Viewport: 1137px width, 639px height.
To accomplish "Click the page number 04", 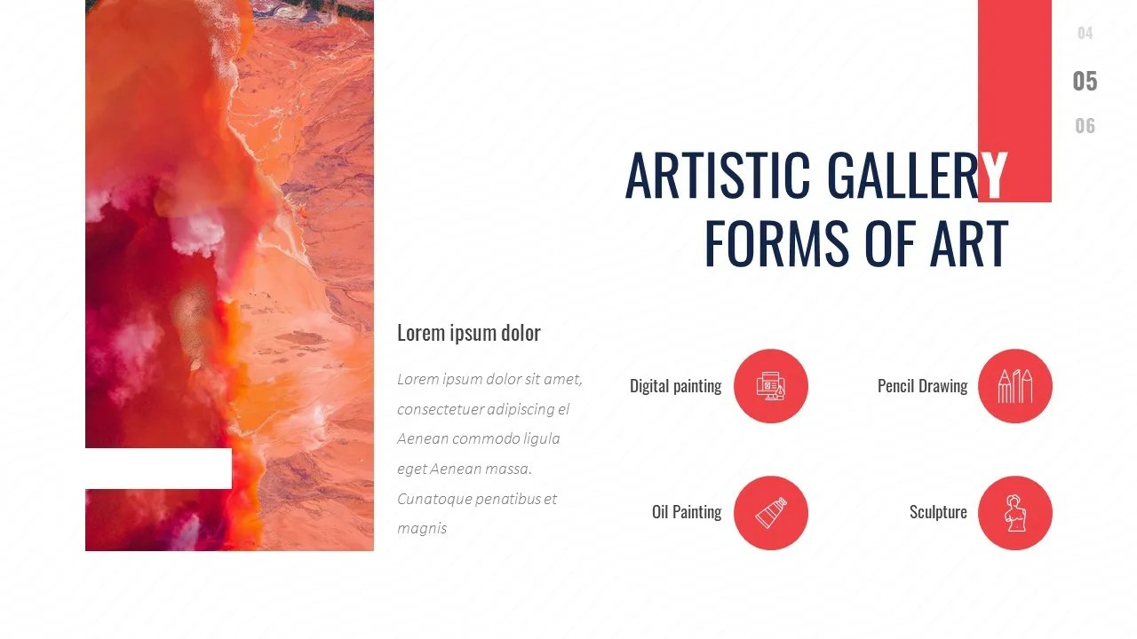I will pyautogui.click(x=1085, y=34).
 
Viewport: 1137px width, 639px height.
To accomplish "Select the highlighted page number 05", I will pyautogui.click(x=1085, y=82).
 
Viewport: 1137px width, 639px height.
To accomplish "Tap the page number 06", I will pyautogui.click(x=1085, y=126).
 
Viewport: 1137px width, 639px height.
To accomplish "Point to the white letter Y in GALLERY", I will pyautogui.click(x=995, y=175).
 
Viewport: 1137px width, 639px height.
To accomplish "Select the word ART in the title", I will pyautogui.click(x=969, y=243).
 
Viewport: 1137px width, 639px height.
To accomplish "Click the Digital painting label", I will pyautogui.click(x=675, y=386).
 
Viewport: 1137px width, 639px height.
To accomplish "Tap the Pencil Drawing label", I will pyautogui.click(x=922, y=386).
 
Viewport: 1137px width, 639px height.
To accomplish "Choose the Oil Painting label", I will pyautogui.click(x=686, y=512).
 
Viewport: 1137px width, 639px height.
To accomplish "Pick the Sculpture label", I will pyautogui.click(x=938, y=512).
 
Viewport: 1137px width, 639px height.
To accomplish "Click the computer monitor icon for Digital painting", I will pyautogui.click(x=770, y=386).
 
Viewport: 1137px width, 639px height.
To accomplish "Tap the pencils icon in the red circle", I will pyautogui.click(x=1015, y=386).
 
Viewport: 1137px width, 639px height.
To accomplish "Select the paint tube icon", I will pyautogui.click(x=770, y=513).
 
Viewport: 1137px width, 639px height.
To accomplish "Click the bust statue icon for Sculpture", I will pyautogui.click(x=1014, y=513).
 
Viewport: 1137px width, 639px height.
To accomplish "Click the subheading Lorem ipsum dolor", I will pyautogui.click(x=468, y=333).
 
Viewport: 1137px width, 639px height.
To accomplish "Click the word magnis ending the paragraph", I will pyautogui.click(x=422, y=528).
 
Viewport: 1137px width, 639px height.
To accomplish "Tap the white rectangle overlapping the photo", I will pyautogui.click(x=158, y=468).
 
